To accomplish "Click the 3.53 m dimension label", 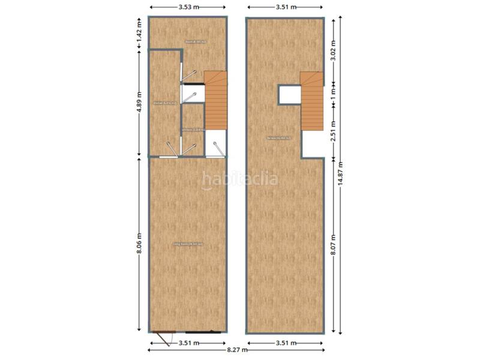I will pos(188,8).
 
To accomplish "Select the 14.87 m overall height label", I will pos(342,175).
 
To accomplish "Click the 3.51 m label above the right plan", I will pos(286,8).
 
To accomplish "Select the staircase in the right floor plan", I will pos(312,100).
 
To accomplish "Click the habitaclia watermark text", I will pos(240,178).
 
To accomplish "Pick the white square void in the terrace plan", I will pos(289,95).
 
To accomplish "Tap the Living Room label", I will pos(188,244).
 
